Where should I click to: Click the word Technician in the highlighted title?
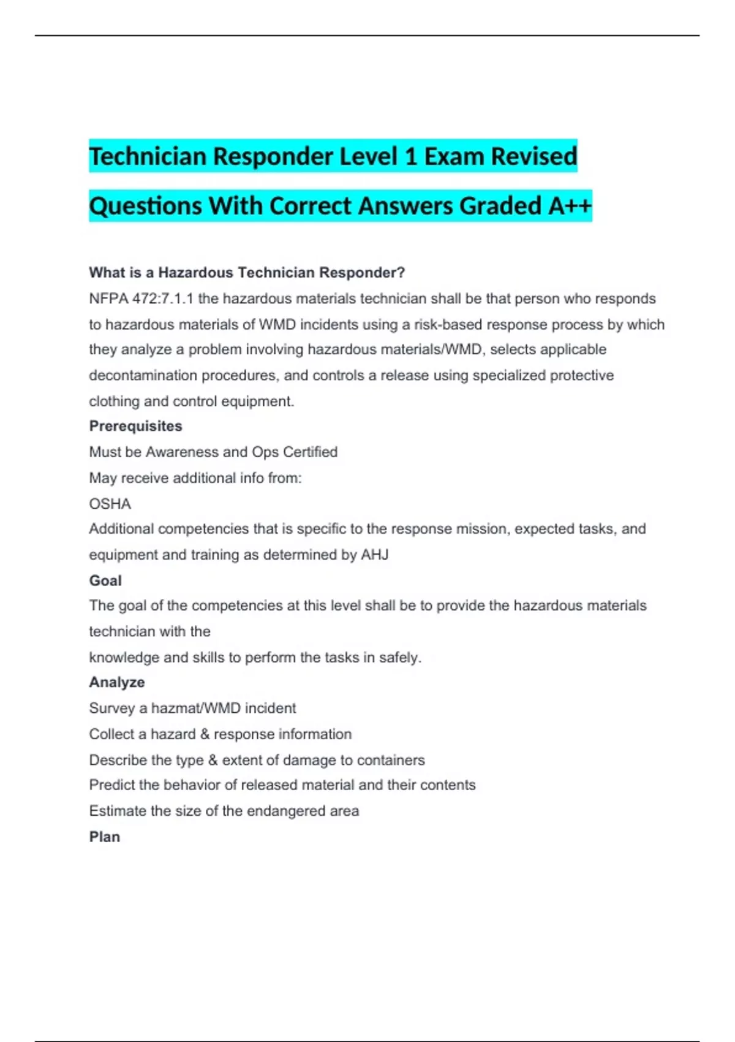148,156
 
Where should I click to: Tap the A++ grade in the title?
570,206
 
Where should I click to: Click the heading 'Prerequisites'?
135,426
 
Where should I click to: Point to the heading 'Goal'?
105,580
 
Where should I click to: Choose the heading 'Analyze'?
117,682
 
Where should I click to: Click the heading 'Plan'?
105,837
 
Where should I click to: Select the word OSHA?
110,504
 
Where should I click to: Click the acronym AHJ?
375,555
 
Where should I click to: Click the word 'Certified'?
310,452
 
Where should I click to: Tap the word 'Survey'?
111,709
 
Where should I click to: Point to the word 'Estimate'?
118,811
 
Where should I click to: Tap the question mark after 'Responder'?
401,273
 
